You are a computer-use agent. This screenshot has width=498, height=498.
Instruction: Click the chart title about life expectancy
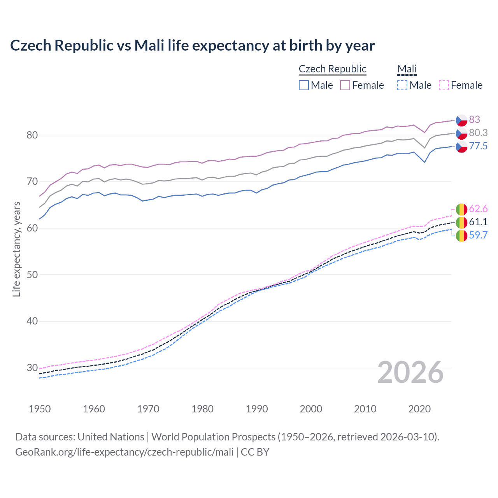(192, 46)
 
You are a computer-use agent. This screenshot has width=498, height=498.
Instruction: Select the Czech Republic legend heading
(332, 69)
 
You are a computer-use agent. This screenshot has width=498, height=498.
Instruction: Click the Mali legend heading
(407, 69)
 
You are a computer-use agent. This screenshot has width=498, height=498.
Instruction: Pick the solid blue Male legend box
(304, 85)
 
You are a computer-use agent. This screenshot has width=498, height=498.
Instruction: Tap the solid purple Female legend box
(345, 85)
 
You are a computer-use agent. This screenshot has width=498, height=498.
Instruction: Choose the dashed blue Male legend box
(402, 85)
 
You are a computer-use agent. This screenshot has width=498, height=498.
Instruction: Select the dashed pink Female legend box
(444, 85)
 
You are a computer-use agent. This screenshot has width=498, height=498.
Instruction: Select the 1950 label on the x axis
(40, 409)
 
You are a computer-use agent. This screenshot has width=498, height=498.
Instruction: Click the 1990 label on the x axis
(257, 409)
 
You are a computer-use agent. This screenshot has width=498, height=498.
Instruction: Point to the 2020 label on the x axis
(419, 409)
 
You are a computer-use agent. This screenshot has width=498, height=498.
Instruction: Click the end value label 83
(474, 119)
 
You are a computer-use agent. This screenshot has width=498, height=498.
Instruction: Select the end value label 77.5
(478, 146)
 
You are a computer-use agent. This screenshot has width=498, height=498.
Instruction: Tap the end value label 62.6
(478, 209)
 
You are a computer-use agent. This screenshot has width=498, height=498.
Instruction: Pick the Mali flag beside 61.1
(461, 223)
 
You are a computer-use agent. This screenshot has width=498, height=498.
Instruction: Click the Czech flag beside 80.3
(461, 133)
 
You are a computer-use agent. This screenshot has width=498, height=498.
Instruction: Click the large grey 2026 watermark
(410, 372)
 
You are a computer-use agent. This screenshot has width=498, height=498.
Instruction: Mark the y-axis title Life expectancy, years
(16, 249)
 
